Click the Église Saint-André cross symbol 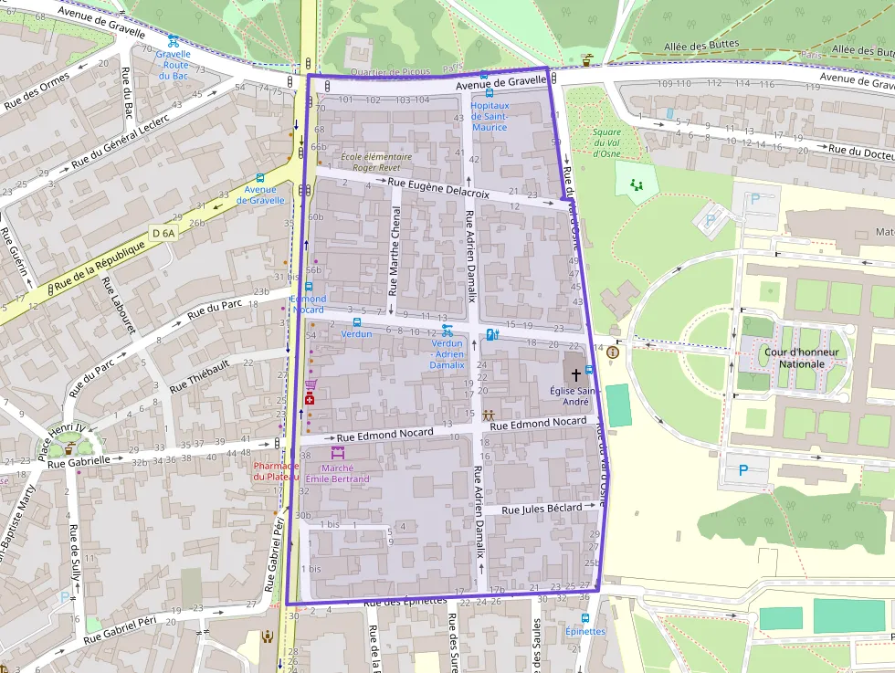[576, 374]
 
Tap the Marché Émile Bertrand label [338, 473]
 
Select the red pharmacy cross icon [310, 400]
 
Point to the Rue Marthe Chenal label [395, 250]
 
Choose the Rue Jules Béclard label [542, 509]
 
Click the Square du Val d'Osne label [606, 142]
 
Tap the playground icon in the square [636, 184]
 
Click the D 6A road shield [163, 234]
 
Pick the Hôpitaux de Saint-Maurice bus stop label [490, 116]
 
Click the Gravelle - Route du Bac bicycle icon [173, 41]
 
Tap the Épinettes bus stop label [584, 631]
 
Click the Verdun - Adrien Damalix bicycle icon [447, 331]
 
